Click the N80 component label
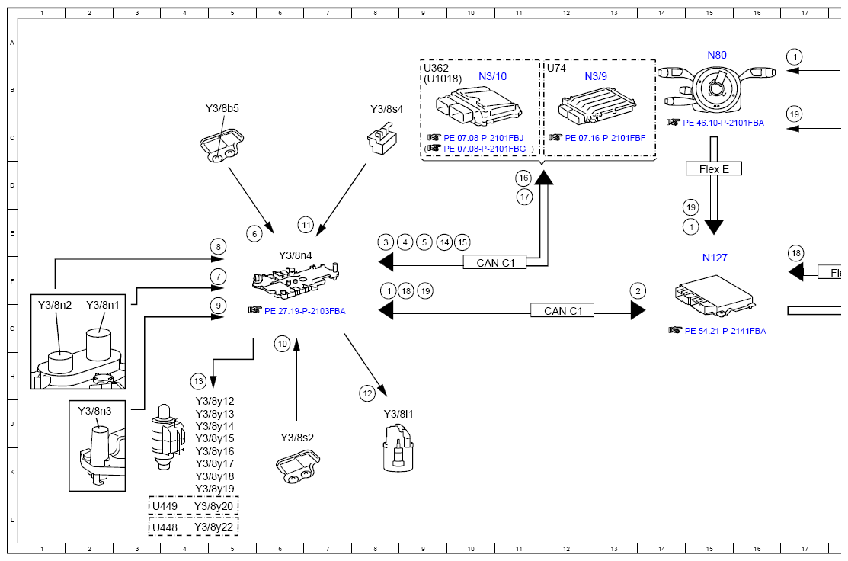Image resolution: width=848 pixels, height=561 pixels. coord(717,55)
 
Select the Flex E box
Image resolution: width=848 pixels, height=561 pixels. coord(714,168)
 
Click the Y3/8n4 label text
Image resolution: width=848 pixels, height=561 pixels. coord(296,255)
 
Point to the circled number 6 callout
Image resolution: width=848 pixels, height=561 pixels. coord(254,234)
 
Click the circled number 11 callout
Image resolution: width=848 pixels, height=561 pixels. coord(306,225)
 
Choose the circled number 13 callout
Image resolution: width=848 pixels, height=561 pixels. coord(199,381)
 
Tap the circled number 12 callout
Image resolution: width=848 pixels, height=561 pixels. coord(368,393)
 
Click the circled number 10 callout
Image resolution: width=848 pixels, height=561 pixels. coord(283,344)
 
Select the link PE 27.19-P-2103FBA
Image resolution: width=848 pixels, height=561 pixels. coord(305,311)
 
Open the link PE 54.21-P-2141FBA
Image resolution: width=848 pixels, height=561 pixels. coord(725,331)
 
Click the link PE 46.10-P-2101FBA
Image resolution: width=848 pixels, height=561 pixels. coord(723,123)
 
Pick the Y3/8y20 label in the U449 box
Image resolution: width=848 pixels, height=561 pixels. coord(213,506)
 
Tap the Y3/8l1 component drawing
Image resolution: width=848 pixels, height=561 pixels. coord(398,448)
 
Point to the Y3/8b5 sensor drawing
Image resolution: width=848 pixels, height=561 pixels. coord(222,145)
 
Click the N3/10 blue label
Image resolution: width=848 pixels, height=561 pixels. coord(493,76)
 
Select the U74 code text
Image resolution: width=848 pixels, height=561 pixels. coord(556,68)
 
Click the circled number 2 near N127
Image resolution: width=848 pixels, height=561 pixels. coord(638,291)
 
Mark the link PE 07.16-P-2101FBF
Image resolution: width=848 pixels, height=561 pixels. coord(605,138)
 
